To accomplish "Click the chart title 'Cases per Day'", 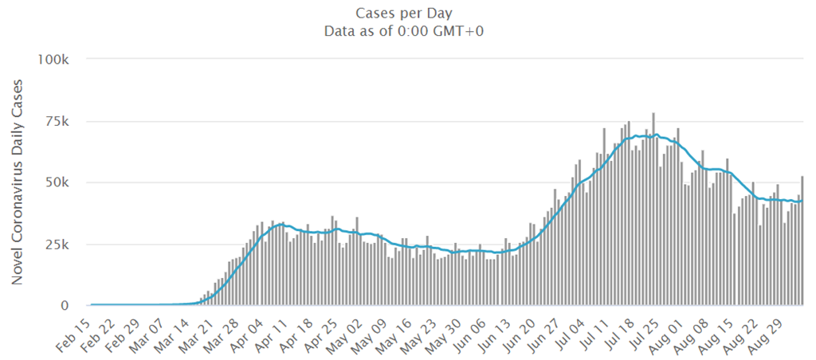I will tap(408, 14).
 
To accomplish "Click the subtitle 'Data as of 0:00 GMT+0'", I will tap(408, 31).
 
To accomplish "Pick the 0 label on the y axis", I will tap(73, 305).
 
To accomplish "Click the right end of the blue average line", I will tap(802, 201).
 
